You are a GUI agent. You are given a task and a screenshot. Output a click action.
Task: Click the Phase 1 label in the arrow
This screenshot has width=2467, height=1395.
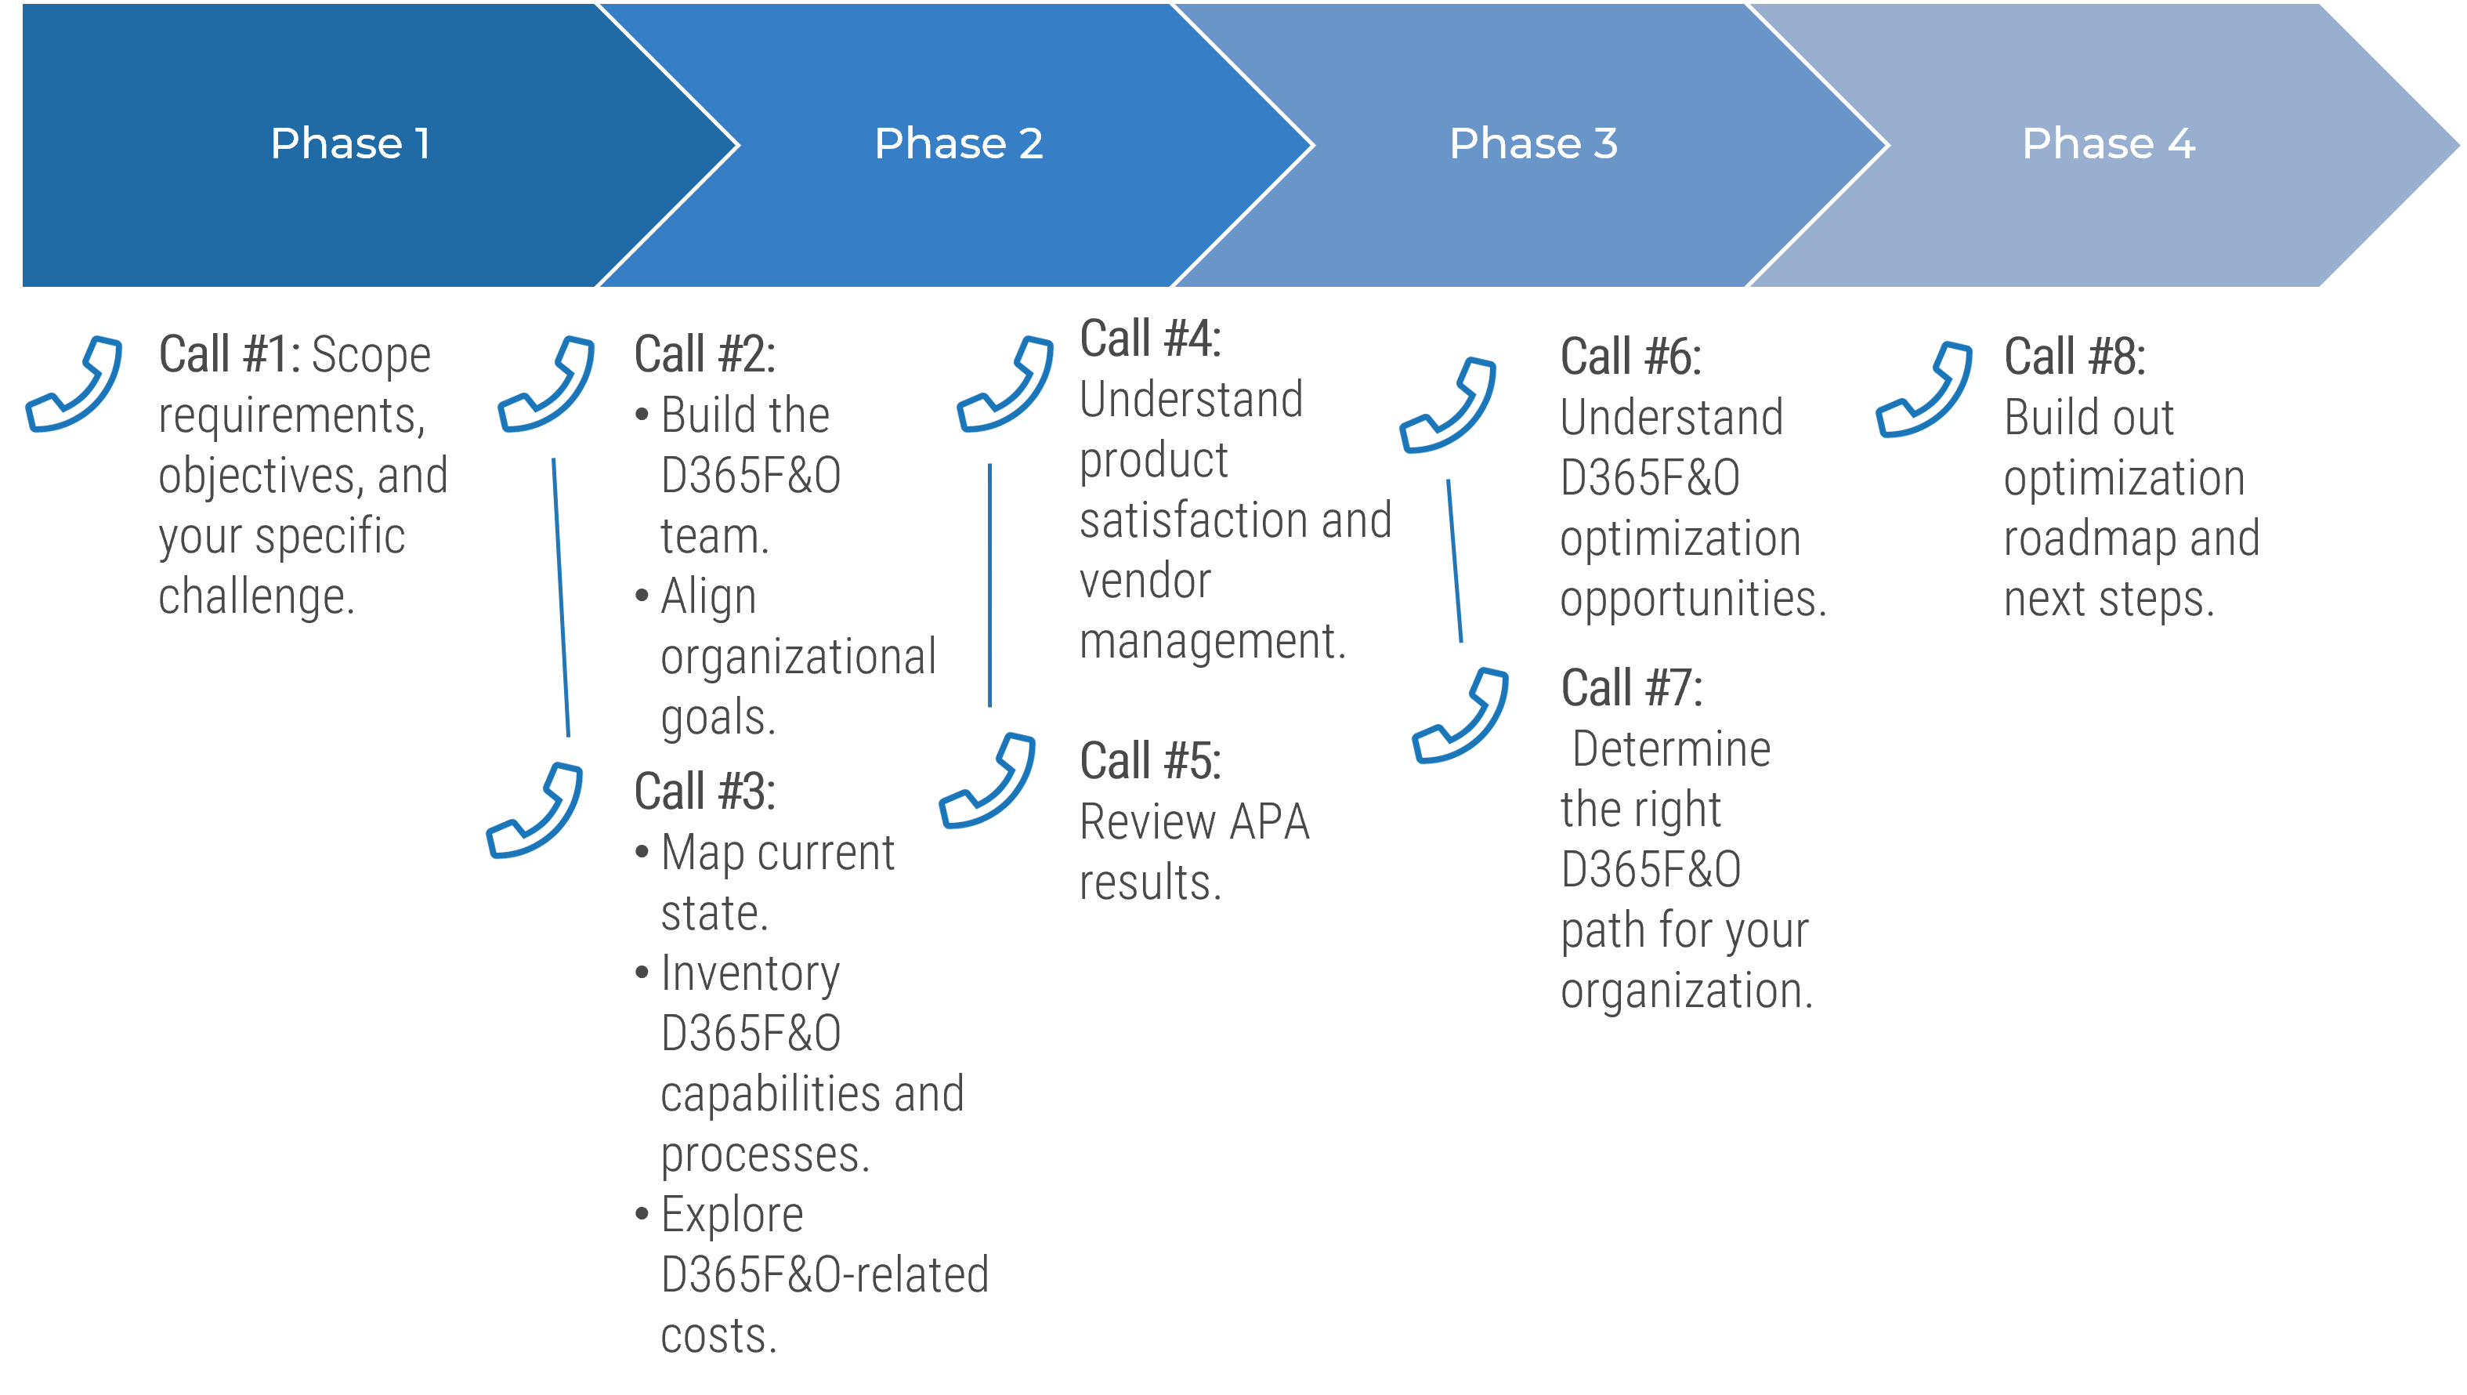point(350,143)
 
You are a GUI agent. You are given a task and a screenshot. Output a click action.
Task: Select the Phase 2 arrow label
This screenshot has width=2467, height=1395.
point(959,143)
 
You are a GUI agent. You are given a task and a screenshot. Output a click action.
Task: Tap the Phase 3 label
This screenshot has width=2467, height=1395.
point(1533,143)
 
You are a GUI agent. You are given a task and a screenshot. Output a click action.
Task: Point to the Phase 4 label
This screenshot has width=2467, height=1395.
point(2108,143)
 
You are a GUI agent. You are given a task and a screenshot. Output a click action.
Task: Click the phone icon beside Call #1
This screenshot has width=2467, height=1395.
point(74,384)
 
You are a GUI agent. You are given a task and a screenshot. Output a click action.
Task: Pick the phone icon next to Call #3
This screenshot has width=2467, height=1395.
point(534,811)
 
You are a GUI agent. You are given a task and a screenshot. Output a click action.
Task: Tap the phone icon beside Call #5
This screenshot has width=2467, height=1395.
point(987,781)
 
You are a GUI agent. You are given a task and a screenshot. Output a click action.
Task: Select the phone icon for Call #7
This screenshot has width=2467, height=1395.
point(1460,716)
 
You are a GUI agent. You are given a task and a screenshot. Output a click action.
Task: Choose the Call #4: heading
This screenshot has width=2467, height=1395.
point(1150,339)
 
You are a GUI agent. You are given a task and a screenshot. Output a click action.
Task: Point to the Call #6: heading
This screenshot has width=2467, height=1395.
point(1631,357)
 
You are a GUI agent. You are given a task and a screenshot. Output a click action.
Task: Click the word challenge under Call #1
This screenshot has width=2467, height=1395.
point(255,597)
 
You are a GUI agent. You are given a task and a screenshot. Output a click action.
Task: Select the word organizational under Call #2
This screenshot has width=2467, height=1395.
point(798,658)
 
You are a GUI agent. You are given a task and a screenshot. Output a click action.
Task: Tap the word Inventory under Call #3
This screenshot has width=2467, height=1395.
point(750,973)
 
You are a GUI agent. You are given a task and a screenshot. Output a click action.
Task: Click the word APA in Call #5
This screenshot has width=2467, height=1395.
point(1269,822)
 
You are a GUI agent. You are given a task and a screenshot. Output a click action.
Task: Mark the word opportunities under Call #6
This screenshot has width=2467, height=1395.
point(1693,600)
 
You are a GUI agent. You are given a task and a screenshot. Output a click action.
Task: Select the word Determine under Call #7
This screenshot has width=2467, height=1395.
point(1671,749)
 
